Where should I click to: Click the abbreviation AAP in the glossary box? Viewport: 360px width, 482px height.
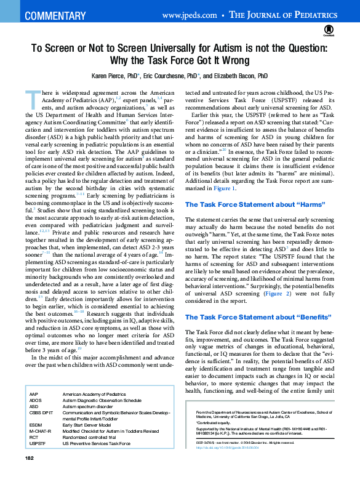coord(34,393)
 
